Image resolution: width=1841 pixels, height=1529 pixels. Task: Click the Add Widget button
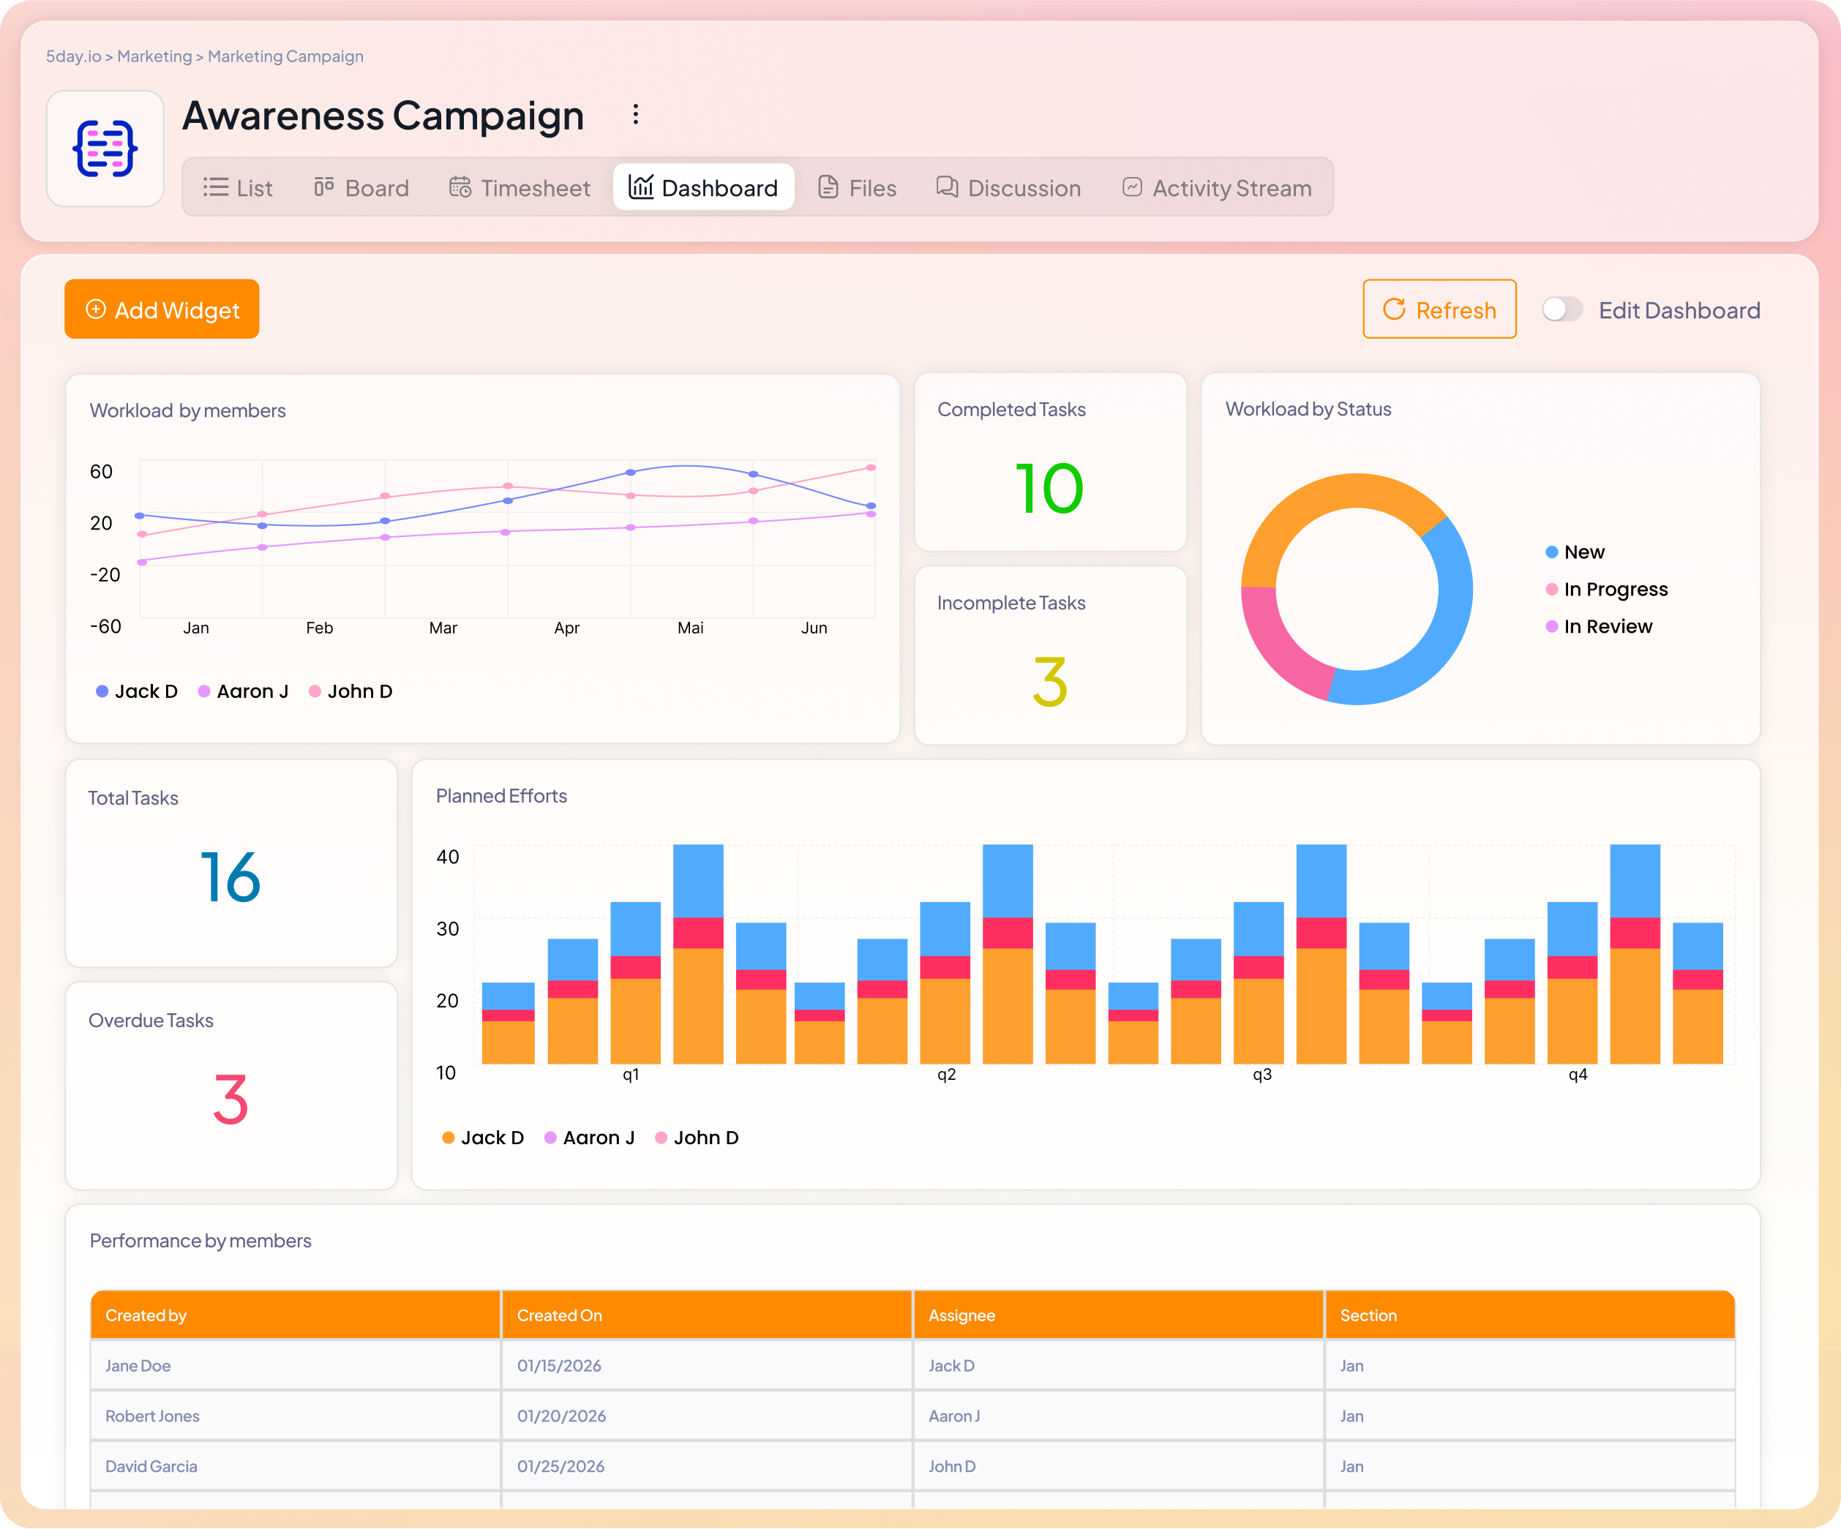click(162, 309)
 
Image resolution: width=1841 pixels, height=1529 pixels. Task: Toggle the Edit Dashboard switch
click(1561, 309)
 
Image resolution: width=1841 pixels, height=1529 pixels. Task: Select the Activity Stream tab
click(1217, 187)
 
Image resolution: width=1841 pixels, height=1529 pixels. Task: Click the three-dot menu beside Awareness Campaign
click(636, 115)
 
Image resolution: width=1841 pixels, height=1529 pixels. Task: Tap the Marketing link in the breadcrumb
click(154, 56)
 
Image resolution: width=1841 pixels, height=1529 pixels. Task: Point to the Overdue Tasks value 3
click(230, 1100)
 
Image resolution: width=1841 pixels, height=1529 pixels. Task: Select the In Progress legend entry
click(1614, 589)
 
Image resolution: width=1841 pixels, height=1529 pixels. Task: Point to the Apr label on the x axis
click(566, 628)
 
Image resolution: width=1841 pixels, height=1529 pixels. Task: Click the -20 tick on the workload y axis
click(105, 574)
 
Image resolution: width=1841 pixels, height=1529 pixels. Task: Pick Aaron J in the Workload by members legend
click(252, 691)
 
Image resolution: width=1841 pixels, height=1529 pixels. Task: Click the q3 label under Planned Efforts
click(1261, 1075)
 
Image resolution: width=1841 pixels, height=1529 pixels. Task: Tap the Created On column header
click(559, 1315)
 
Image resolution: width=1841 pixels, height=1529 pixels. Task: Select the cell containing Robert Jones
click(152, 1416)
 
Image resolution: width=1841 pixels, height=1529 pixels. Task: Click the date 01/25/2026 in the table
click(561, 1466)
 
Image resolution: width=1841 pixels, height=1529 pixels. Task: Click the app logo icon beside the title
click(105, 149)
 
